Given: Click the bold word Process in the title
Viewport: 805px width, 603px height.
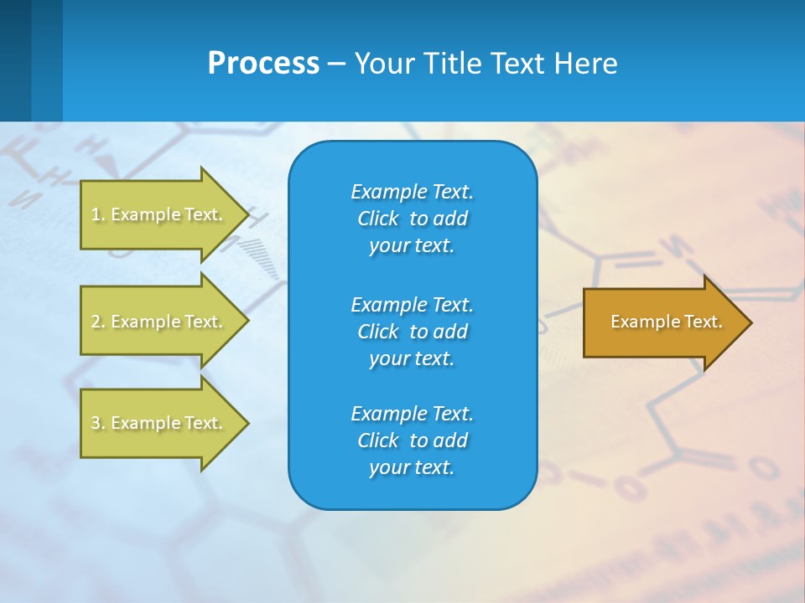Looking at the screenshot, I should [x=263, y=64].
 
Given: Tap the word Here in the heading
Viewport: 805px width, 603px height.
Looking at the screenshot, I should [x=584, y=64].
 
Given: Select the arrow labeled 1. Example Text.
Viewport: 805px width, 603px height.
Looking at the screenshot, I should [x=159, y=214].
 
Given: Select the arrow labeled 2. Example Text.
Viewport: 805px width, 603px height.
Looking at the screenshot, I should [x=159, y=322].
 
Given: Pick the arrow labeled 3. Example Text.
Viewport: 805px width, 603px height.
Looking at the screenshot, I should [x=159, y=423].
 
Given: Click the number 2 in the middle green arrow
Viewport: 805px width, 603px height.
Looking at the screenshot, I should [x=96, y=322].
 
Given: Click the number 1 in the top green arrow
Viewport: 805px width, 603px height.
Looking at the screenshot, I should [x=96, y=214].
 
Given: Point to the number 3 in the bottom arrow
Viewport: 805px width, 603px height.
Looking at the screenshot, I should [x=96, y=423].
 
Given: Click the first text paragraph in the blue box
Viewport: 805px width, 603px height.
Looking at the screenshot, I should [x=412, y=219].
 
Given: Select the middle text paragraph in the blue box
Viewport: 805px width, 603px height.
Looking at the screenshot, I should [x=412, y=332].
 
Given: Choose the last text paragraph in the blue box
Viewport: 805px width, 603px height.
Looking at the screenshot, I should [x=412, y=441].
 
